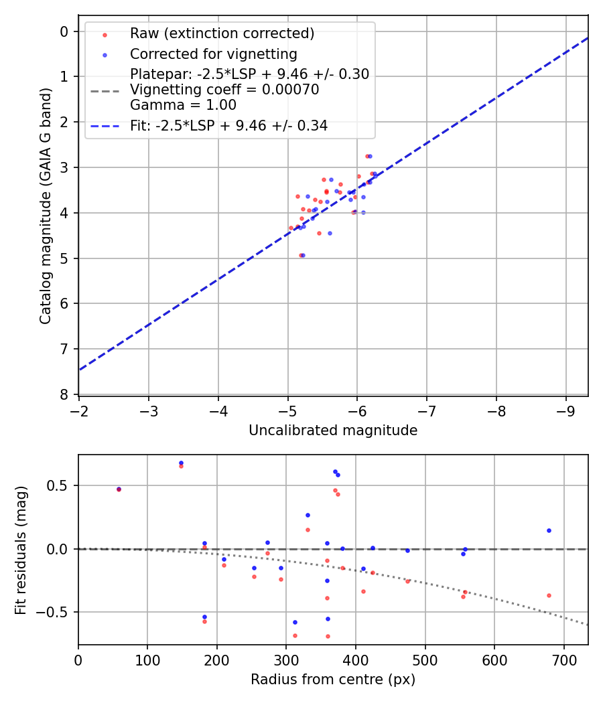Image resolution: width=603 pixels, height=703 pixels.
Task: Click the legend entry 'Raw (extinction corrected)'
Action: coord(222,33)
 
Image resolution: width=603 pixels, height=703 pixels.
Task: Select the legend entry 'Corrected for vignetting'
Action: coord(213,54)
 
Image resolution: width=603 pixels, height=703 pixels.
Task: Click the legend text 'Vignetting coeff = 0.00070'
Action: coord(224,90)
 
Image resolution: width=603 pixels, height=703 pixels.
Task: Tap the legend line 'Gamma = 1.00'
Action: coord(183,105)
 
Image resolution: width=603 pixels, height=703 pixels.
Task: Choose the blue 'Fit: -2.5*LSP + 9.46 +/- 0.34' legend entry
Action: coord(228,125)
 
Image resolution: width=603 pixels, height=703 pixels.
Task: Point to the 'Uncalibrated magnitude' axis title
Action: coord(333,431)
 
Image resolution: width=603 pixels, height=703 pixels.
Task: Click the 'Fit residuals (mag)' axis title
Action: coord(21,550)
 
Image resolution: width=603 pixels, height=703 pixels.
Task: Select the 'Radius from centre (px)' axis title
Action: coord(333,680)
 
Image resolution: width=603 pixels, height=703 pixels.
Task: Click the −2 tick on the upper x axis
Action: coord(79,409)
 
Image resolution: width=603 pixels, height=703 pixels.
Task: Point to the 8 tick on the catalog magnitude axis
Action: coord(64,394)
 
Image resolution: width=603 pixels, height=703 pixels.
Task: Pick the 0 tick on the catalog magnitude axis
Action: coord(64,31)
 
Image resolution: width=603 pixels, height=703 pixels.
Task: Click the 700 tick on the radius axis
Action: coord(563,659)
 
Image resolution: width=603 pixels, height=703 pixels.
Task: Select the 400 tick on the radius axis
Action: coord(356,659)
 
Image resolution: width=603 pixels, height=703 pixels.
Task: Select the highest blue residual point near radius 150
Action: coord(181,463)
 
